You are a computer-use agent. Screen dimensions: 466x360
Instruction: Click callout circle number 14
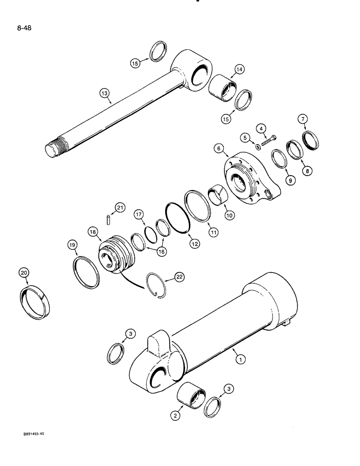tap(239, 70)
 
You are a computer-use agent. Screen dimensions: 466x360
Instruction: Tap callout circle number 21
tap(120, 208)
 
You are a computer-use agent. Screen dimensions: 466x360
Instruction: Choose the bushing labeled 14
tap(222, 88)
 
